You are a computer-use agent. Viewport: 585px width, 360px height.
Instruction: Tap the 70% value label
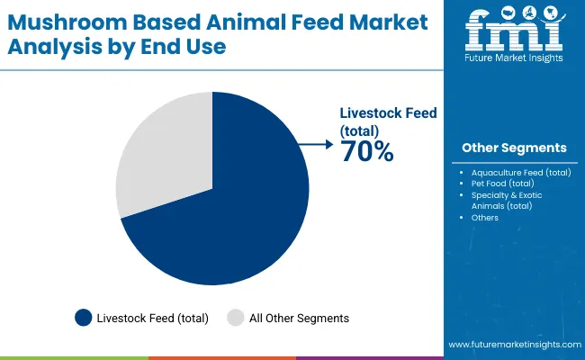[x=366, y=152]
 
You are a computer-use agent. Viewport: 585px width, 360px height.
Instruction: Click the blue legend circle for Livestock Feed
[x=84, y=317]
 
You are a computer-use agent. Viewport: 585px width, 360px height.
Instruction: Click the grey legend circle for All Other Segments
[x=235, y=317]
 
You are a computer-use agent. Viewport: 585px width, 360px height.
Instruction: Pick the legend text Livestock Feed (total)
[x=154, y=318]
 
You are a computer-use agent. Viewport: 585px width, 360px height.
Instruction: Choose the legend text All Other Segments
[x=299, y=318]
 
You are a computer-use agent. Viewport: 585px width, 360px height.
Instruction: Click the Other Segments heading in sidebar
[x=514, y=148]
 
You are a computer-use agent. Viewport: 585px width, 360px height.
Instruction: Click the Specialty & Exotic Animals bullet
[x=507, y=200]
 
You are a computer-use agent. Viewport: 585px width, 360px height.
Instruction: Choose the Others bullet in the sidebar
[x=484, y=218]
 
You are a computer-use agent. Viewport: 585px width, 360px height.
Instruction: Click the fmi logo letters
[x=514, y=33]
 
